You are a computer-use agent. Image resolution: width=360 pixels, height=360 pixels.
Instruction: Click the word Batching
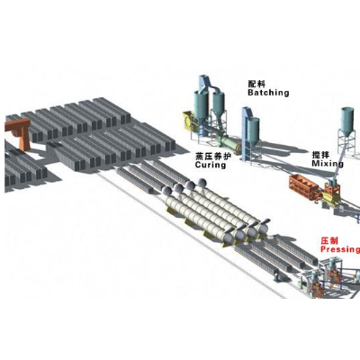tap(268, 93)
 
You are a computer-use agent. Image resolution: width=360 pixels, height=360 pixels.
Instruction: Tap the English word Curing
tap(211, 165)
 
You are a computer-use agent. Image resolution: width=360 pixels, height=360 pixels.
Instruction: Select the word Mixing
tap(328, 164)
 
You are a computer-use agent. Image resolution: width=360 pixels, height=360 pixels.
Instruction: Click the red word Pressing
tap(340, 249)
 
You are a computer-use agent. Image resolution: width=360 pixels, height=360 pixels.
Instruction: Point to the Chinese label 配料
tap(256, 84)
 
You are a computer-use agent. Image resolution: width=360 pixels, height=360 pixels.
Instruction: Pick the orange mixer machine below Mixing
tap(304, 187)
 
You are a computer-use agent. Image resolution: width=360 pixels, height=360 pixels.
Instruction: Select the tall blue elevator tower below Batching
tap(247, 134)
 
